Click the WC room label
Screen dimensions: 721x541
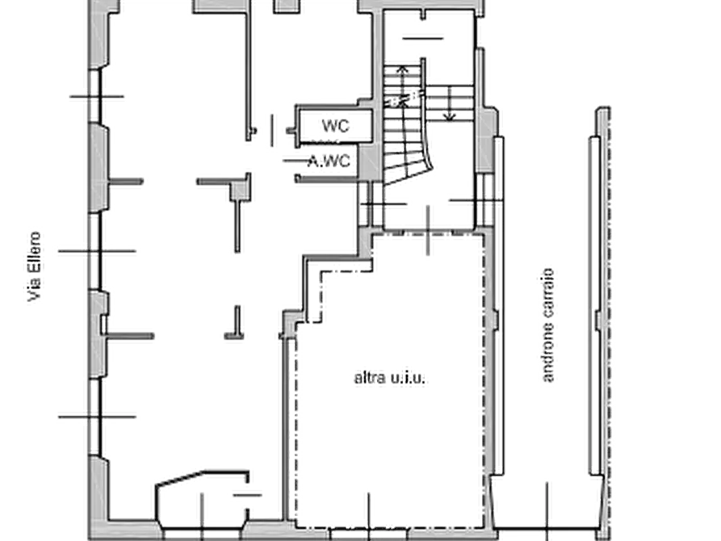(x=335, y=126)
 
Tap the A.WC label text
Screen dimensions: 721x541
(x=329, y=161)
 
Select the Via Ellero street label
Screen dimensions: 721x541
(x=34, y=266)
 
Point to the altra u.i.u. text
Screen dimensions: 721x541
(x=389, y=378)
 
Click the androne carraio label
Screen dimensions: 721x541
(x=547, y=325)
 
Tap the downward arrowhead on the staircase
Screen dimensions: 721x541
(x=449, y=117)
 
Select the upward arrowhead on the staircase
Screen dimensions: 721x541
(x=403, y=70)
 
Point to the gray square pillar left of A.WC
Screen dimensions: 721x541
(x=240, y=191)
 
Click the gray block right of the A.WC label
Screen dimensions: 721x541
(x=369, y=161)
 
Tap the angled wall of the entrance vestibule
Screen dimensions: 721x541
(x=180, y=478)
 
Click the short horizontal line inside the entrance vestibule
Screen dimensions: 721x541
(x=247, y=495)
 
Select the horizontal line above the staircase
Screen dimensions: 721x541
(x=422, y=39)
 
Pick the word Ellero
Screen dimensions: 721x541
(x=34, y=254)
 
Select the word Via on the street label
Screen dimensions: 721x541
(x=34, y=291)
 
